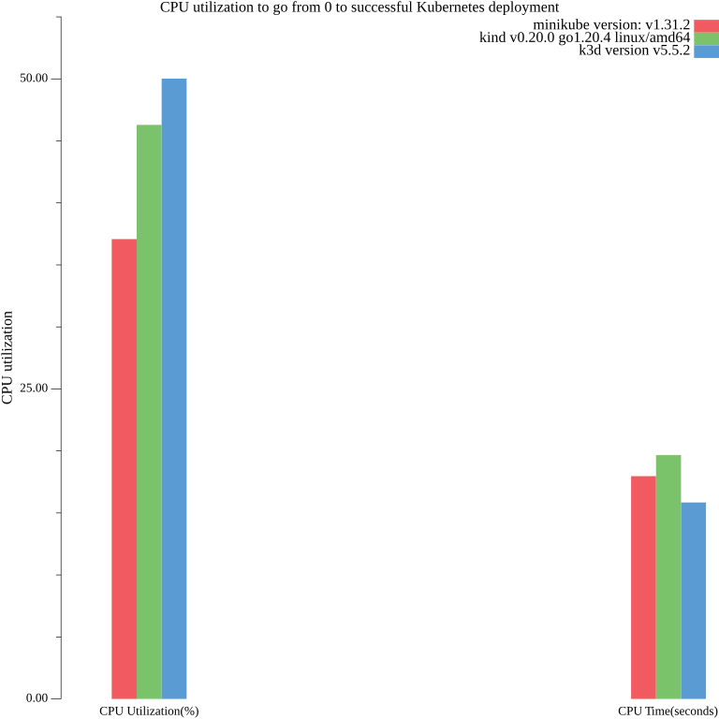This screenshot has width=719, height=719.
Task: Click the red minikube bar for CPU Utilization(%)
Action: point(124,468)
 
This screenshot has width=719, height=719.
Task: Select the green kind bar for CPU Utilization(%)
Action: point(149,412)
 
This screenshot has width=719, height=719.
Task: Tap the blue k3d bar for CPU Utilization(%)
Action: point(174,389)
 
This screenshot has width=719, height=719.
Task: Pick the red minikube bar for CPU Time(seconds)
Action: point(643,587)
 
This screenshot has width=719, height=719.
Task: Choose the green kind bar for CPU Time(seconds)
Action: point(668,577)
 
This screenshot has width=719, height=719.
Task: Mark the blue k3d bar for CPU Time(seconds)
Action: point(693,600)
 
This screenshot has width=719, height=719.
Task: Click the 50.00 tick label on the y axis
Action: point(35,79)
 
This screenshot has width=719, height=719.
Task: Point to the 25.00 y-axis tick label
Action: point(35,389)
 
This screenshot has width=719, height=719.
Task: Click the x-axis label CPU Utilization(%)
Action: point(149,712)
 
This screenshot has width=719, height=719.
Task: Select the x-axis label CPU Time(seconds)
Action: point(668,712)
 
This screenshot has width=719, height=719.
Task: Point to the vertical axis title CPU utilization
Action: point(8,359)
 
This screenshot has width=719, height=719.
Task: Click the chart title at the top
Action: point(359,7)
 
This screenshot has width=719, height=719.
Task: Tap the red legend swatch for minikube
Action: point(706,25)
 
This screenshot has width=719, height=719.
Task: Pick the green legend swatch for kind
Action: point(706,38)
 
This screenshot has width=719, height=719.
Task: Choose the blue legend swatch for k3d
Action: point(706,51)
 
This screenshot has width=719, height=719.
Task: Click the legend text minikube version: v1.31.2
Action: point(611,25)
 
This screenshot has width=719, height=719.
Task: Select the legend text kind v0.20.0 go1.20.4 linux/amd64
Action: point(584,38)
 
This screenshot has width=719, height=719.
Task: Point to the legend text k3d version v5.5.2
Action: point(635,51)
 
